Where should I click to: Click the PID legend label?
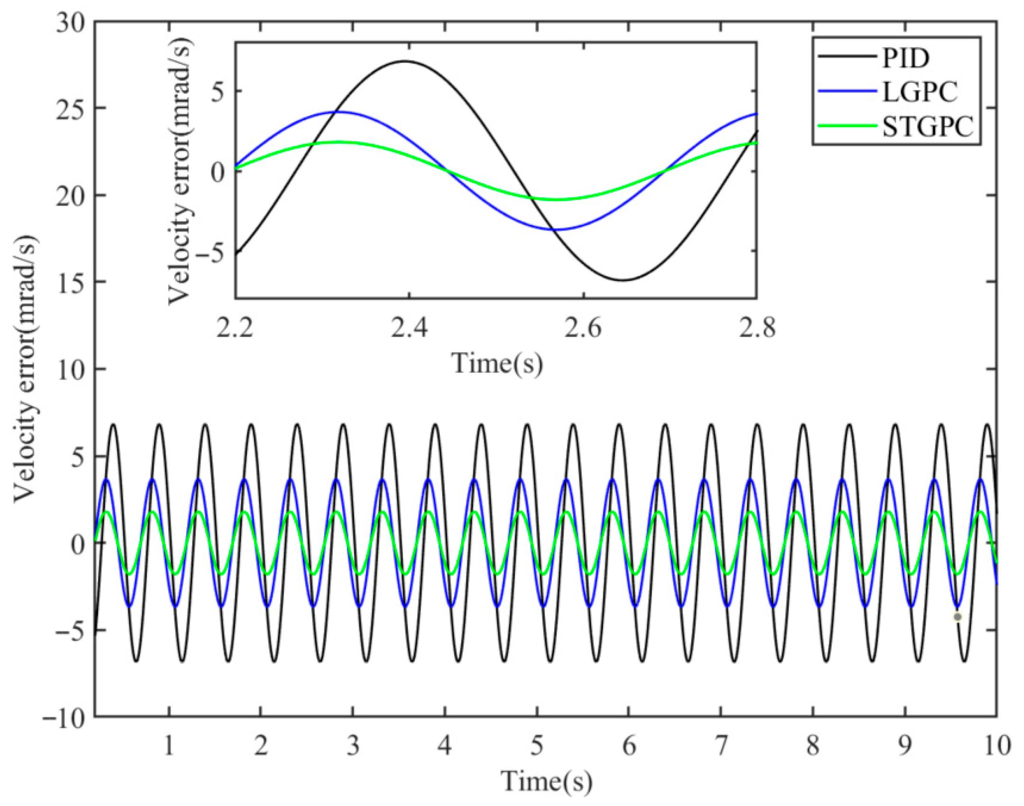click(905, 58)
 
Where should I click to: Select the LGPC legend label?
click(919, 92)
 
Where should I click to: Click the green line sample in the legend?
click(847, 126)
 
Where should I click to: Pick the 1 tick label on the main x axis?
click(168, 746)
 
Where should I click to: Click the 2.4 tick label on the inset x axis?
click(408, 328)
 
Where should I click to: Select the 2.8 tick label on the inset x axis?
click(756, 328)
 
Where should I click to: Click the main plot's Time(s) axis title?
click(547, 781)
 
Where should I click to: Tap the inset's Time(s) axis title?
click(497, 363)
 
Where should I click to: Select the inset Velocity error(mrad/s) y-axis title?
click(181, 171)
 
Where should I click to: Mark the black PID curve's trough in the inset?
click(624, 280)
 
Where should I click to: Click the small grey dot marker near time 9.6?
click(958, 617)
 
